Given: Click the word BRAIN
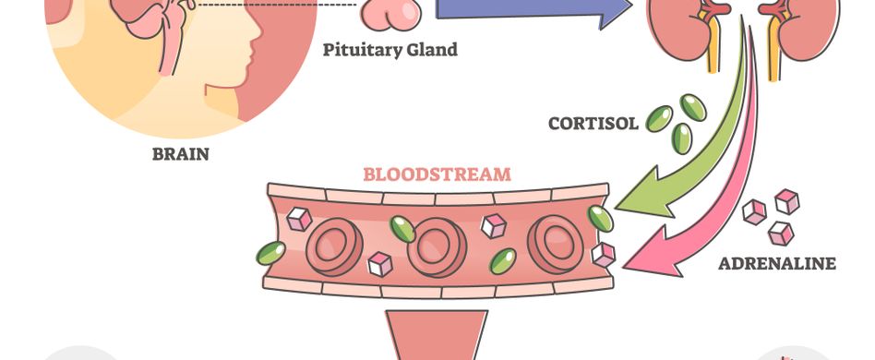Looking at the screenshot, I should pyautogui.click(x=180, y=154).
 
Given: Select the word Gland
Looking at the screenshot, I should pyautogui.click(x=433, y=50).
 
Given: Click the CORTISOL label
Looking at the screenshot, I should pyautogui.click(x=593, y=123).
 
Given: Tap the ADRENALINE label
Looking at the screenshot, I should pyautogui.click(x=777, y=264).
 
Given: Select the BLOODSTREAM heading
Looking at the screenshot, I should pyautogui.click(x=437, y=174).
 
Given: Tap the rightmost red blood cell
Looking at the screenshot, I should pyautogui.click(x=554, y=244).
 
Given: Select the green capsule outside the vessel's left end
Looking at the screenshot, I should pyautogui.click(x=270, y=252).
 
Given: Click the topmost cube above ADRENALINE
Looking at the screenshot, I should pyautogui.click(x=786, y=200).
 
